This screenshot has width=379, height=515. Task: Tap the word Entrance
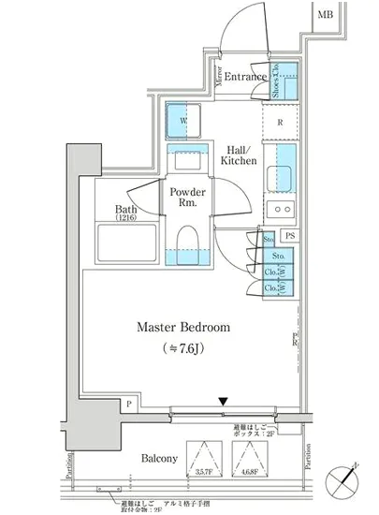[246, 77]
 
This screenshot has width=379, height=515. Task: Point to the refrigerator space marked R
[280, 121]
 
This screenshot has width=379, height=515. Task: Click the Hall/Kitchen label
[239, 154]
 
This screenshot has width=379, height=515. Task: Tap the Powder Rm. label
[188, 198]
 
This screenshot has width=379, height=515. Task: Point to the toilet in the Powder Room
[187, 244]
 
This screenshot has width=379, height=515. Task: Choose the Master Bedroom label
[184, 328]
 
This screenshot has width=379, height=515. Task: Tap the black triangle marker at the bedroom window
[223, 404]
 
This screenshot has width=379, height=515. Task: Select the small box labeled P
[128, 404]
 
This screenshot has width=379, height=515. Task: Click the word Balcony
[160, 459]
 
